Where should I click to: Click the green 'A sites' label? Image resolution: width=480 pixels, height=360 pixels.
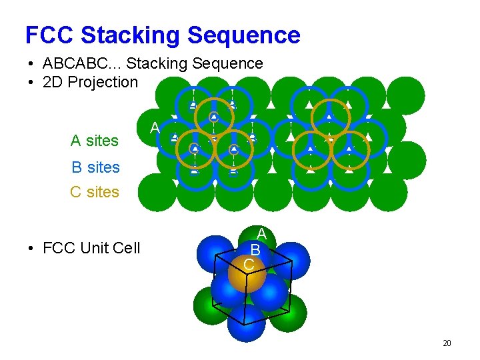coord(94,141)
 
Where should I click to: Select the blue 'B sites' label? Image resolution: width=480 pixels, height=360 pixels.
coord(95,167)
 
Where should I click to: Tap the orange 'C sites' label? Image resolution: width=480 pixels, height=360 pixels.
coord(94,192)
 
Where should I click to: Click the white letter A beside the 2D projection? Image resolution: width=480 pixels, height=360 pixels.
coord(155,127)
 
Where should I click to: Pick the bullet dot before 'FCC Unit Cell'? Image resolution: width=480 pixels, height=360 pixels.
coord(31,249)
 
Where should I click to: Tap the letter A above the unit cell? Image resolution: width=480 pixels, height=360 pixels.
coord(262,234)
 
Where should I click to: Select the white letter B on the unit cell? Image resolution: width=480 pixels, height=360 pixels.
coord(255,249)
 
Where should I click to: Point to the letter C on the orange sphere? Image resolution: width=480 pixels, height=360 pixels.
coord(248,265)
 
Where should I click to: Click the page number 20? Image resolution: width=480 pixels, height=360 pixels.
coord(447,343)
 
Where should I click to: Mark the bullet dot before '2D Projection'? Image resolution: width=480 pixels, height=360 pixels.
coord(31,83)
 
